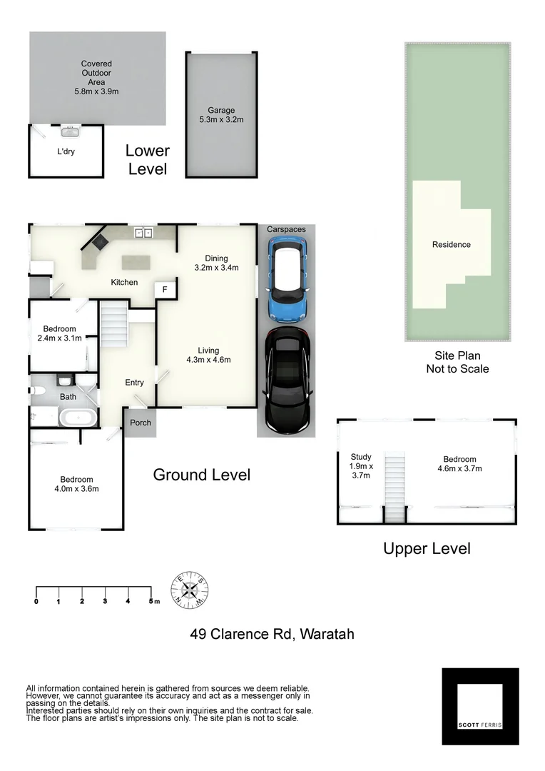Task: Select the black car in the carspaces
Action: (x=286, y=381)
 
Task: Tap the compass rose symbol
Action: (x=189, y=590)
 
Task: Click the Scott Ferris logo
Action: (x=480, y=706)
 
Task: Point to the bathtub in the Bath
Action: (x=75, y=418)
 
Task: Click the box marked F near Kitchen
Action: (x=165, y=289)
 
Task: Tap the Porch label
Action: (x=141, y=423)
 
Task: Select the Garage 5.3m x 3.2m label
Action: (x=221, y=115)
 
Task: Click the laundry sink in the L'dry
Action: (x=70, y=131)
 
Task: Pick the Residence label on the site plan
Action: (x=451, y=245)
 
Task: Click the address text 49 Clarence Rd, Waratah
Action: (x=272, y=634)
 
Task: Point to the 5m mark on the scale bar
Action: (x=151, y=602)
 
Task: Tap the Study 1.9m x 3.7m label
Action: (x=361, y=466)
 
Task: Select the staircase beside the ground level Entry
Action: (x=113, y=323)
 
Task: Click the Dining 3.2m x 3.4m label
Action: (x=216, y=263)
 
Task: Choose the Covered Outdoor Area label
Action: (x=96, y=78)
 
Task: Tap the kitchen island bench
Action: (x=138, y=261)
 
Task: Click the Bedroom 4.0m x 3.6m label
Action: (x=76, y=484)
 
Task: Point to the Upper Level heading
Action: (x=427, y=548)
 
